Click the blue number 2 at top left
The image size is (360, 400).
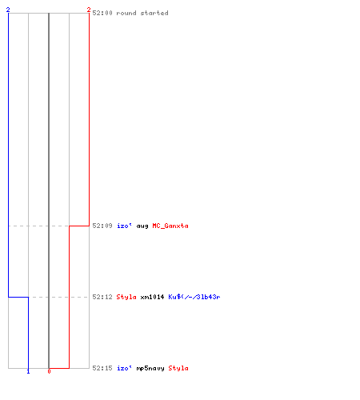[x=8, y=10]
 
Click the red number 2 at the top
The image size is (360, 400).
[x=89, y=10]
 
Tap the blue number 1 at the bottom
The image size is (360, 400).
[x=28, y=371]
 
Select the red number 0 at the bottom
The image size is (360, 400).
[x=49, y=371]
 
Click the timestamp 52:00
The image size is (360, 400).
[x=102, y=13]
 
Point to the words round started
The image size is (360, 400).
[x=142, y=13]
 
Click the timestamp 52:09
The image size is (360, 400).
[x=102, y=226]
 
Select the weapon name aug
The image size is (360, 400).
[x=142, y=226]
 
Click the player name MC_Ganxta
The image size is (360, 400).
[x=170, y=226]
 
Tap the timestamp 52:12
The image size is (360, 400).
[x=102, y=297]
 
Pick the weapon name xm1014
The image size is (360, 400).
[x=152, y=297]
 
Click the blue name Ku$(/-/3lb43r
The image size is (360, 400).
[x=194, y=297]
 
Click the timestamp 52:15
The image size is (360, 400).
[x=102, y=368]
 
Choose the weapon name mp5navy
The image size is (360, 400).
[x=150, y=369]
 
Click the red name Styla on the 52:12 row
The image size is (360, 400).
[x=126, y=297]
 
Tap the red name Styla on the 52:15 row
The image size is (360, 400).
[x=178, y=368]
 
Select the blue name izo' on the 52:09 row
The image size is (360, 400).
[x=124, y=226]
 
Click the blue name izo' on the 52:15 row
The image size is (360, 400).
[x=124, y=368]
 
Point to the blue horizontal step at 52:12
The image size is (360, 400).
[x=18, y=297]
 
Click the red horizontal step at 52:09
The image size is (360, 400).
[x=79, y=226]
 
